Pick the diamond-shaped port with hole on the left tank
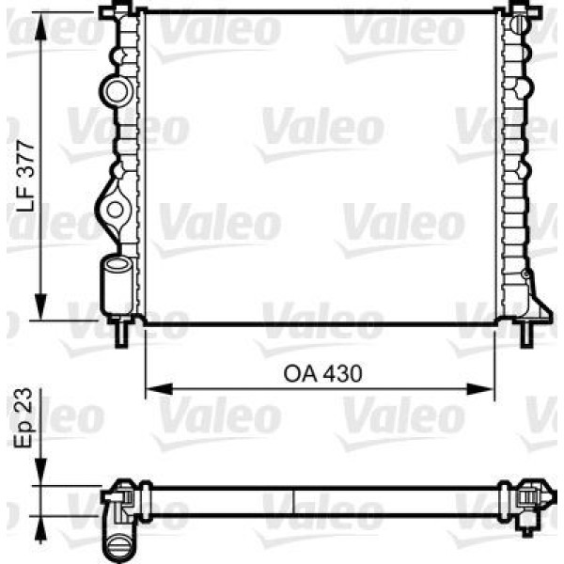(117, 209)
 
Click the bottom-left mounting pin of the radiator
(121, 333)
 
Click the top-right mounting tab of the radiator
(521, 9)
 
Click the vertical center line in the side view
(295, 502)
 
